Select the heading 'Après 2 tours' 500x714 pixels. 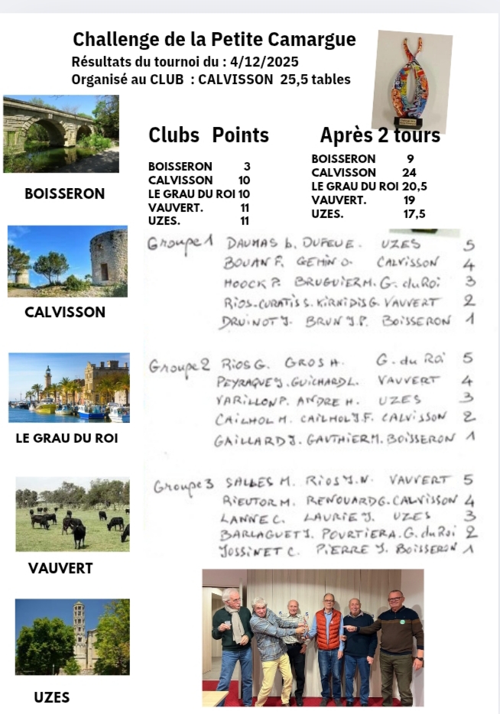click(x=380, y=135)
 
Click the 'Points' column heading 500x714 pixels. click(x=240, y=135)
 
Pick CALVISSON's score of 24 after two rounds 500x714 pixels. click(x=409, y=173)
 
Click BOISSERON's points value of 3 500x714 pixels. click(x=246, y=167)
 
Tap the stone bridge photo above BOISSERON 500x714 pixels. click(x=61, y=134)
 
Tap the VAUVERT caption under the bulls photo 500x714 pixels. click(x=60, y=569)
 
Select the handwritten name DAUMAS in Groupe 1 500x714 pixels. click(x=252, y=244)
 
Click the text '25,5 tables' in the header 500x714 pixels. click(x=315, y=79)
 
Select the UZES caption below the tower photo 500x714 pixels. click(x=52, y=697)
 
